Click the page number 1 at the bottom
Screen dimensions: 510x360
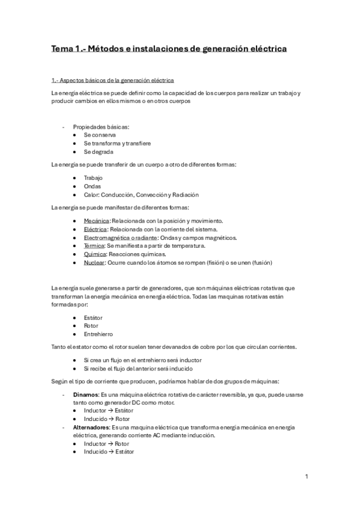[x=307, y=477]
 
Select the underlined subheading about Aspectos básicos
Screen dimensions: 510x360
[x=113, y=81]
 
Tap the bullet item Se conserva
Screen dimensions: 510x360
[x=100, y=135]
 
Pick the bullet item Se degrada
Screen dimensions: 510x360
[x=99, y=152]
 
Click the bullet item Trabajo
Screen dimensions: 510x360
[x=93, y=178]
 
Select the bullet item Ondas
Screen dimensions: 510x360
[x=93, y=186]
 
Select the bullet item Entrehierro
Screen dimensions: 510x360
[x=99, y=334]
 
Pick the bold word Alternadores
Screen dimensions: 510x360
[x=91, y=428]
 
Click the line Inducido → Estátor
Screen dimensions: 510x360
[x=109, y=452]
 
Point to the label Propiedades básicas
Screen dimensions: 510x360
[x=101, y=127]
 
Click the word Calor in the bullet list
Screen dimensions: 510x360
[x=92, y=195]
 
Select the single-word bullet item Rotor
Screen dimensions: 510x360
[x=91, y=325]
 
